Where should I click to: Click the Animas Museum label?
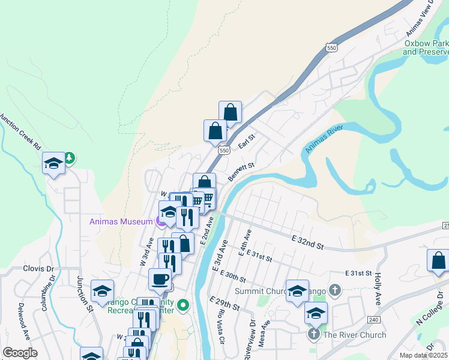pos(121,221)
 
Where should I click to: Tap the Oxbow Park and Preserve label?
pos(426,47)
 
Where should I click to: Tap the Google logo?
pos(20,353)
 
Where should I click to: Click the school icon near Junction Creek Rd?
pos(53,163)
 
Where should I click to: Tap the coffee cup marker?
pos(160,279)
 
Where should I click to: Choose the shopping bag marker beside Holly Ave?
pos(438,260)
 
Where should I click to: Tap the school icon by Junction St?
pos(102,291)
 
